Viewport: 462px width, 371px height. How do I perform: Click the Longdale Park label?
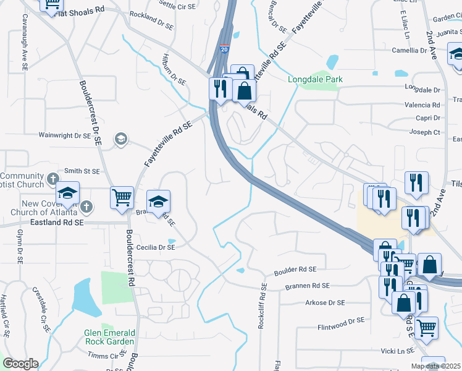click(315, 79)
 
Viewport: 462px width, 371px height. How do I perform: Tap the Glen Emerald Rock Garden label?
click(109, 337)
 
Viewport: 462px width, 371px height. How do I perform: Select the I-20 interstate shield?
click(223, 48)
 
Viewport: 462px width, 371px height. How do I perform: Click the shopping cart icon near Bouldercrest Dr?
click(122, 198)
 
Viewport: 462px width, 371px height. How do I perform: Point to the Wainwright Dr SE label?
click(65, 134)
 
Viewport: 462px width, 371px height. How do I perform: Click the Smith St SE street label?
click(82, 171)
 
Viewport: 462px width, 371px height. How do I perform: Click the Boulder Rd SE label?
click(295, 270)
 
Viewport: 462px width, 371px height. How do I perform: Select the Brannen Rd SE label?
click(308, 286)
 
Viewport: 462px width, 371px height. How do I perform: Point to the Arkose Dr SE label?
click(324, 303)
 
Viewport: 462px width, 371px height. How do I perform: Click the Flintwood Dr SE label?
click(341, 321)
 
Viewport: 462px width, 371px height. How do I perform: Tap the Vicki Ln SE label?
click(397, 351)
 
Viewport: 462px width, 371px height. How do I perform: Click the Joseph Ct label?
click(426, 132)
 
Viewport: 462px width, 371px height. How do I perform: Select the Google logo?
click(20, 364)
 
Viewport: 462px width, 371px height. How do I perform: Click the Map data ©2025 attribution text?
click(435, 366)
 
